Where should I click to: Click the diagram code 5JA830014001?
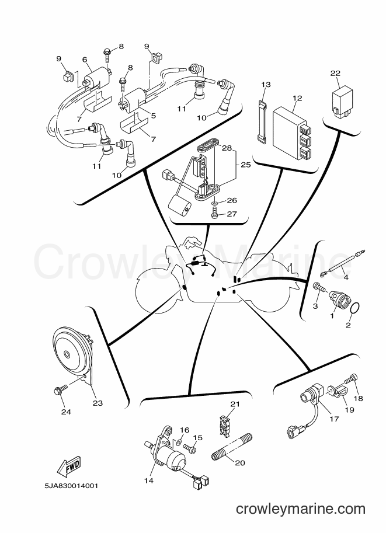click(71, 486)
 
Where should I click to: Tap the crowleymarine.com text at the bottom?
click(300, 509)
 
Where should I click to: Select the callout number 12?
click(297, 98)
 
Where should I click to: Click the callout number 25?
click(245, 165)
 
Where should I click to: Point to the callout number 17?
click(334, 419)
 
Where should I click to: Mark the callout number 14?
click(148, 480)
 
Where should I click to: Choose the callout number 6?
click(85, 60)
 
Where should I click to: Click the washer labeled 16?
click(178, 443)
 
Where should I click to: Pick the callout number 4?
click(346, 277)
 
